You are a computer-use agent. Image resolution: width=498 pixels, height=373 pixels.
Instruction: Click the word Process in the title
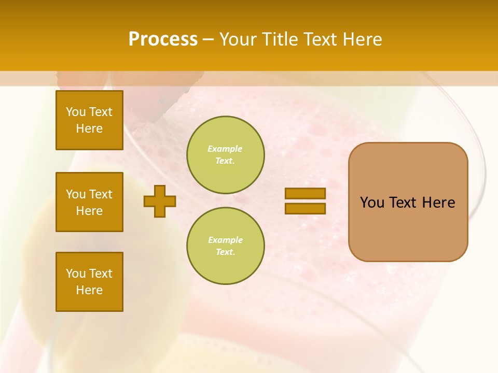[163, 39]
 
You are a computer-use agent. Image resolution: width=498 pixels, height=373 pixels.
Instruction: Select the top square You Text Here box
[89, 120]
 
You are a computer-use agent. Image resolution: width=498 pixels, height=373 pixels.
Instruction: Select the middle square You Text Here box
[89, 202]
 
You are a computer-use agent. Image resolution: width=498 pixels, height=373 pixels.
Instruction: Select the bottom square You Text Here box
[89, 282]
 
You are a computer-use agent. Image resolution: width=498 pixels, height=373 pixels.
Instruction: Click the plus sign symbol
[160, 201]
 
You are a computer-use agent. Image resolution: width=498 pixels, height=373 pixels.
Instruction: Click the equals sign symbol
[305, 201]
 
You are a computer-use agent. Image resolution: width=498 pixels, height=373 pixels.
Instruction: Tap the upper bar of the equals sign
[305, 193]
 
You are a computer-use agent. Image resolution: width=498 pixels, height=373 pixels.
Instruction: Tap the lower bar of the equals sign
[305, 209]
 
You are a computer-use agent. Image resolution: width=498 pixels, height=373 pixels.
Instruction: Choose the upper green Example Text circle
[225, 155]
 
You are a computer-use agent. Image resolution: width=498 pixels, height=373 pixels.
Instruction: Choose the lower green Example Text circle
[225, 246]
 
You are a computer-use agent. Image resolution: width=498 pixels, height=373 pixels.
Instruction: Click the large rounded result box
[408, 228]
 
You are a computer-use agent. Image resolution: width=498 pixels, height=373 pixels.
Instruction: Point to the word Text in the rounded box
[404, 203]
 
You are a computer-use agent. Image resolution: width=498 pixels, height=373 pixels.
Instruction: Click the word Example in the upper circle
[225, 149]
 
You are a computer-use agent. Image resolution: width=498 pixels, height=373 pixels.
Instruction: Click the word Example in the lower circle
[225, 240]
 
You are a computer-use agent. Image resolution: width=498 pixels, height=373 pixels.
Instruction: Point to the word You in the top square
[76, 112]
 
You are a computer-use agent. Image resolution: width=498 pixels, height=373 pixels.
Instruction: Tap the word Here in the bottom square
[89, 290]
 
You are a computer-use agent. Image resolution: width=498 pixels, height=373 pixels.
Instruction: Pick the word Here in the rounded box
[439, 203]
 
